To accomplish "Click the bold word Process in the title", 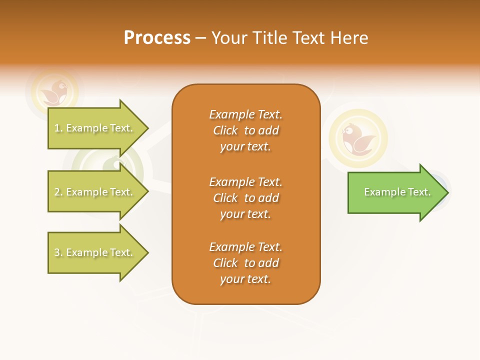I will pyautogui.click(x=157, y=38).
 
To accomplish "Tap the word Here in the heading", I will pyautogui.click(x=349, y=38).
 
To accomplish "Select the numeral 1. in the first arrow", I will pyautogui.click(x=58, y=128).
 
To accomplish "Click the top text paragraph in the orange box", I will pyautogui.click(x=245, y=130).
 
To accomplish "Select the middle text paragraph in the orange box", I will pyautogui.click(x=245, y=198).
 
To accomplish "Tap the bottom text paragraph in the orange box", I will pyautogui.click(x=245, y=263).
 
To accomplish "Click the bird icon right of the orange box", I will pyautogui.click(x=358, y=138).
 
